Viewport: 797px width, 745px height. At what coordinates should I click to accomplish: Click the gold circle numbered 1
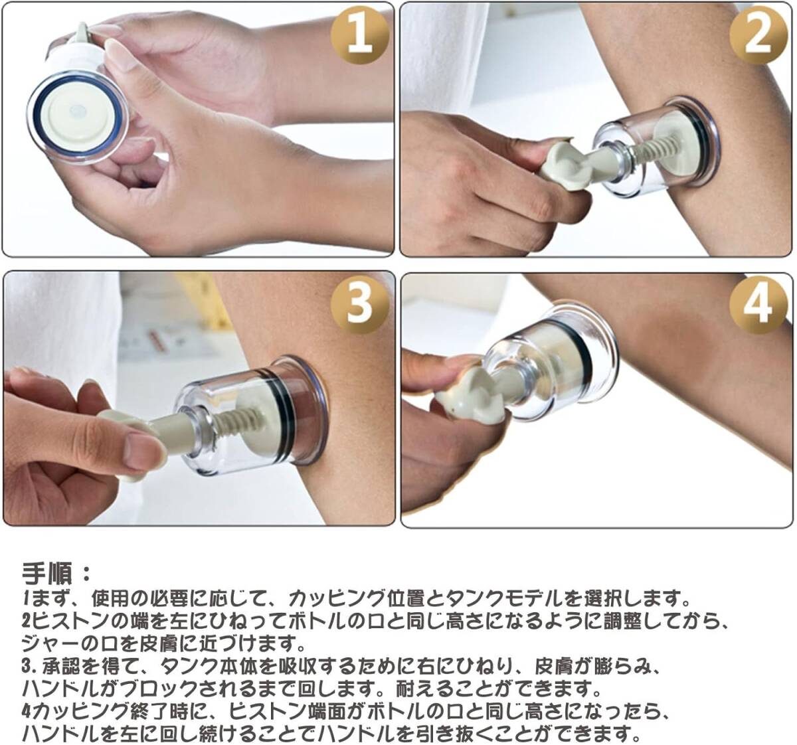pyautogui.click(x=359, y=35)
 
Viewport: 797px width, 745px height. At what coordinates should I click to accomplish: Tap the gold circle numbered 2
pyautogui.click(x=758, y=35)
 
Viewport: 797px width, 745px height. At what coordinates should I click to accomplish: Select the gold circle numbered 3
pyautogui.click(x=359, y=304)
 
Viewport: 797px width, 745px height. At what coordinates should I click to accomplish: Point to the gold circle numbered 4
pyautogui.click(x=758, y=305)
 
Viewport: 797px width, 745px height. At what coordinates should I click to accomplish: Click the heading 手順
pyautogui.click(x=47, y=573)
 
